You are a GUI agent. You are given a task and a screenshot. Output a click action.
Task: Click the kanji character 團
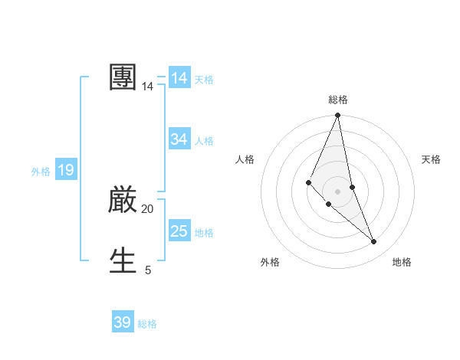point(123,77)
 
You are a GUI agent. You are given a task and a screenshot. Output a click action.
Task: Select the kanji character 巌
point(123,200)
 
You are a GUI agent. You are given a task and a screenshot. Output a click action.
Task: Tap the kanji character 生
point(123,260)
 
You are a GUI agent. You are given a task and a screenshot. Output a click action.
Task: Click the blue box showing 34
point(179,139)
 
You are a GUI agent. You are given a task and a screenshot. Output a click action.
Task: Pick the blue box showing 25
point(179,231)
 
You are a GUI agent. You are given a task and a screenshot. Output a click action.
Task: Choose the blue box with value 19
point(65,171)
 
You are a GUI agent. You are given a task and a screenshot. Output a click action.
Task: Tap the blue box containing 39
point(123,322)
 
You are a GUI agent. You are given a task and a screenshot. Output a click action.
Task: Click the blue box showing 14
point(179,78)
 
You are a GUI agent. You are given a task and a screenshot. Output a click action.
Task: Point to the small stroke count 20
point(147,208)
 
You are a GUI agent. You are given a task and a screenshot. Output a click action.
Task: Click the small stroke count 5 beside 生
point(148,270)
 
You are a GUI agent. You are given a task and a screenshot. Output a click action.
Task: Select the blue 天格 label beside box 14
point(204,80)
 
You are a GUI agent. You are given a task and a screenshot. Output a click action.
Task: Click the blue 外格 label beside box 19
point(41,172)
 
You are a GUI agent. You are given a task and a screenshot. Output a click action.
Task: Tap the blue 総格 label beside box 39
point(147,324)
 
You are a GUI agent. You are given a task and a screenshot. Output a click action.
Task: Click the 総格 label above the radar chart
point(338,100)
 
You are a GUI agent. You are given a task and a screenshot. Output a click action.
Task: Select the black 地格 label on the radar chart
point(402,262)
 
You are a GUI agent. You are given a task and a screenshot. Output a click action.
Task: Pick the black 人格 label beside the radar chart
point(245,159)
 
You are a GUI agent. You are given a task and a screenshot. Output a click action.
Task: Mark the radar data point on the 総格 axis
point(338,116)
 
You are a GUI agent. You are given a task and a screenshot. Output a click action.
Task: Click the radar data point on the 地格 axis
point(374,242)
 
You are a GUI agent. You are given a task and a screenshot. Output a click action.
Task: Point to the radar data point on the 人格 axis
point(308,182)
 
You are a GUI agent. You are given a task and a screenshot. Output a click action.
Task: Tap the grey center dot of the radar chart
point(338,191)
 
